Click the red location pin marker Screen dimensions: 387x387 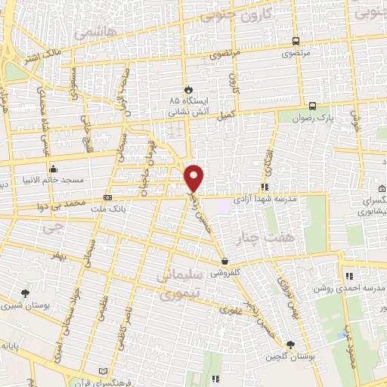pyautogui.click(x=195, y=176)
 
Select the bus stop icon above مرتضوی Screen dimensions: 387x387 pyautogui.click(x=296, y=42)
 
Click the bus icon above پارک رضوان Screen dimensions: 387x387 pyautogui.click(x=313, y=105)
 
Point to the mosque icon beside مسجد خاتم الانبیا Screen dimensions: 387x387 pyautogui.click(x=52, y=169)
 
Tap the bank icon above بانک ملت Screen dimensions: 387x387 pyautogui.click(x=107, y=197)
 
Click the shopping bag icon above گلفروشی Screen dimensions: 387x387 pyautogui.click(x=225, y=262)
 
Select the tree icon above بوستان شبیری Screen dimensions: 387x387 pyautogui.click(x=26, y=293)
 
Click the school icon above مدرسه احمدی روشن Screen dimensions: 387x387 pyautogui.click(x=348, y=276)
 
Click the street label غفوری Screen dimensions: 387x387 pyautogui.click(x=231, y=309)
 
